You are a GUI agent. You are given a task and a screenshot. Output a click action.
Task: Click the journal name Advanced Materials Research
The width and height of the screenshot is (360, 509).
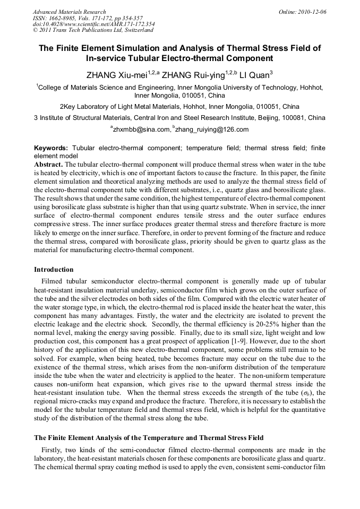point(69,12)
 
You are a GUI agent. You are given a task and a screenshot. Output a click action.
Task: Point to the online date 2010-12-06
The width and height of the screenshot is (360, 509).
point(313,12)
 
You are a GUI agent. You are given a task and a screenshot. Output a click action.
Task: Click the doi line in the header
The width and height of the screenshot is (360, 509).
point(93,24)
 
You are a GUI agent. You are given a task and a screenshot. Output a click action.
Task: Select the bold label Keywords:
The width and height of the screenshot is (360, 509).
point(51,147)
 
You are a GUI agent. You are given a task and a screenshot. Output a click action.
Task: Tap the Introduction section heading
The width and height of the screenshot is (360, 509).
point(54,270)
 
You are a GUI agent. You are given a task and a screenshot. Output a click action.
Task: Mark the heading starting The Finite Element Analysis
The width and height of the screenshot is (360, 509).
point(148,438)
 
